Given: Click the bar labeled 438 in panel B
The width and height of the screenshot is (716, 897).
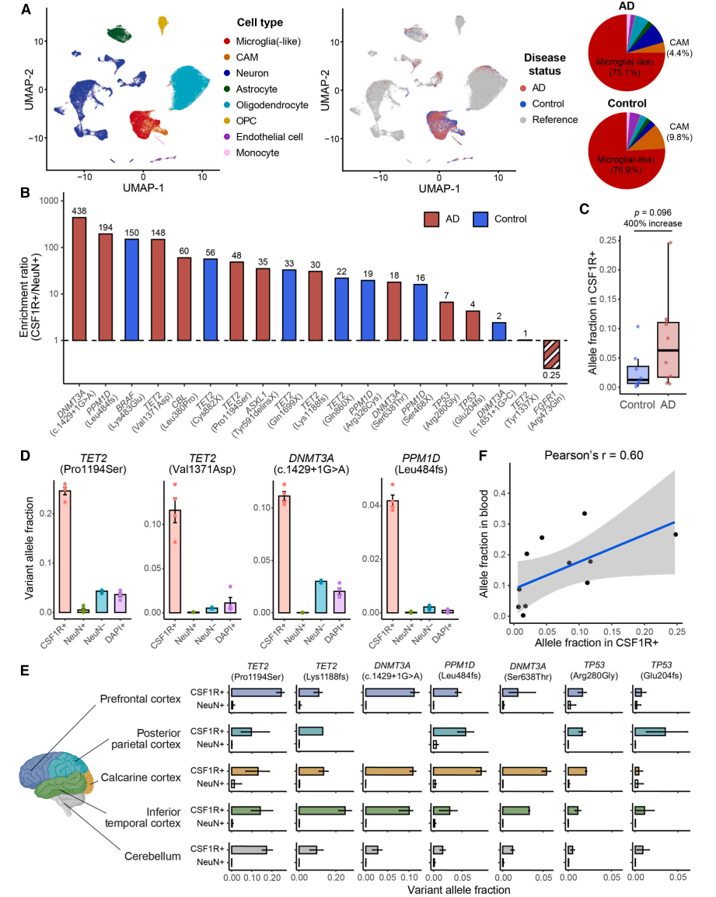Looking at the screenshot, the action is [x=79, y=279].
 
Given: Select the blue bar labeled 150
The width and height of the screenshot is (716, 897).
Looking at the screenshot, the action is [x=131, y=289].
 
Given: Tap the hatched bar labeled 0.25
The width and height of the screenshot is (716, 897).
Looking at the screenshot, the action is [x=551, y=354].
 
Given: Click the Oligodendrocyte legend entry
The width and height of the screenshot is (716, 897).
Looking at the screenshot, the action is [x=267, y=105].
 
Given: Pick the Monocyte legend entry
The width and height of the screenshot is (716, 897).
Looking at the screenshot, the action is [x=252, y=152].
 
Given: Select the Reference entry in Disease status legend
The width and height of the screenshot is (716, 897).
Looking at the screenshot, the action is [x=549, y=120].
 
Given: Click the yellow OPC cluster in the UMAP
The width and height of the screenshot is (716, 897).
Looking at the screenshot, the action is [x=163, y=25].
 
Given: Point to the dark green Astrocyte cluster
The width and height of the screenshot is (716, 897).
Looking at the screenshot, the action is [x=119, y=33].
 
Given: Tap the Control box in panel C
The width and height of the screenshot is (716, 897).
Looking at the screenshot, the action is [x=637, y=375].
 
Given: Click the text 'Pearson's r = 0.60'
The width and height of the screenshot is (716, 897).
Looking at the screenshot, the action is [x=594, y=455].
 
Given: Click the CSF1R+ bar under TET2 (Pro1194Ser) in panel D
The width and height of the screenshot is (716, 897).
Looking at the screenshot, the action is [x=65, y=552].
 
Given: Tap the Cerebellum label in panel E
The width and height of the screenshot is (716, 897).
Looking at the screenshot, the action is [x=152, y=856].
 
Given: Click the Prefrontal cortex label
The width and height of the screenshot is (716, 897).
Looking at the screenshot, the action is [x=140, y=699].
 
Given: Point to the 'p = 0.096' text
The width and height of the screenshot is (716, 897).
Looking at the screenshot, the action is [x=652, y=212].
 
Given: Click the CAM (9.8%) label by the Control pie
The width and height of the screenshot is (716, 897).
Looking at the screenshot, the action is [x=679, y=131].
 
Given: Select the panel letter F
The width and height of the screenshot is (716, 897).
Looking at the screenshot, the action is [x=483, y=455].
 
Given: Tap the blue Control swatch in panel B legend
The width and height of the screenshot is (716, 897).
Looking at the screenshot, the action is [x=480, y=219].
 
